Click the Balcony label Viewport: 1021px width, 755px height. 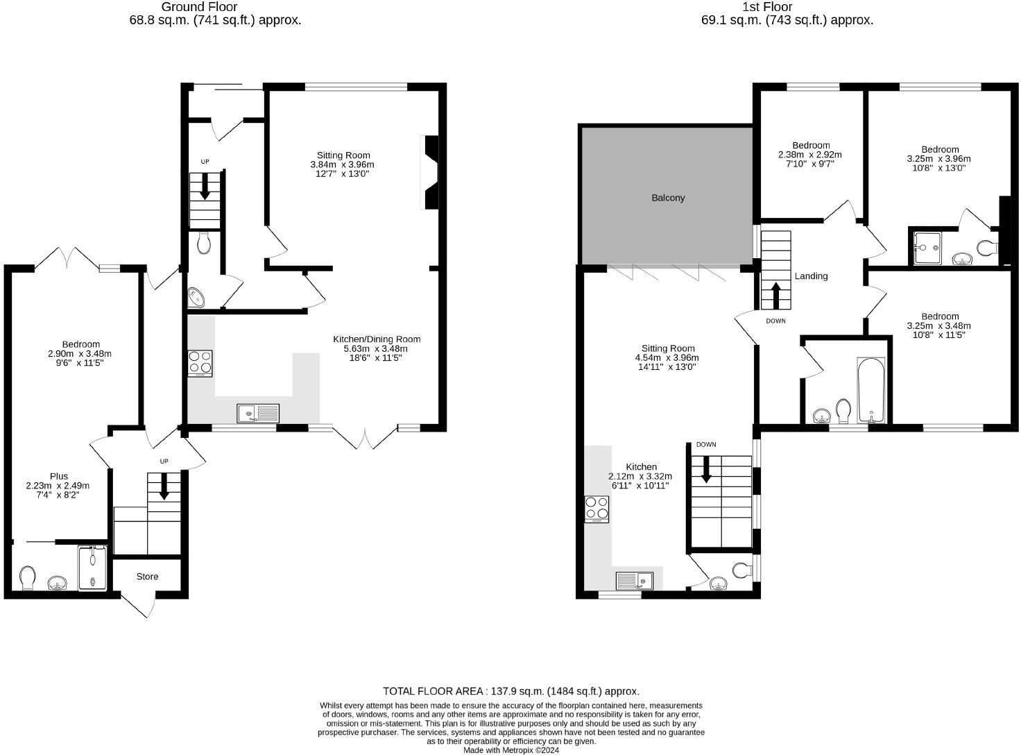pos(668,198)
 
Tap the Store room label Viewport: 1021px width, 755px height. pos(147,577)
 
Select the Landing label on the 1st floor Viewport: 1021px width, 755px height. pos(811,276)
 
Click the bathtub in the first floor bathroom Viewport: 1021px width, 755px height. pos(871,390)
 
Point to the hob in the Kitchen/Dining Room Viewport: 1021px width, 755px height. pos(200,364)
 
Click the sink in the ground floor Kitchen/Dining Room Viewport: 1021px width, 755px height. pos(258,414)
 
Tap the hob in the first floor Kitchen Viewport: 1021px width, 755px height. pos(597,509)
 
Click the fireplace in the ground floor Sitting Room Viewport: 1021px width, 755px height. pos(431,172)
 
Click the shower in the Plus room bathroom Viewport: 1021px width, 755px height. pos(92,568)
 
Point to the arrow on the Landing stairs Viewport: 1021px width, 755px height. pos(775,296)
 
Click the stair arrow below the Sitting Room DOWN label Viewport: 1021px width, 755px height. pos(706,469)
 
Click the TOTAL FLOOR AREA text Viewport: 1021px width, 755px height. pos(510,691)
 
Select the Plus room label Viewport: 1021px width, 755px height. pos(59,476)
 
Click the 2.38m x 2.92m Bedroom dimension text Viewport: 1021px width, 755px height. pos(809,155)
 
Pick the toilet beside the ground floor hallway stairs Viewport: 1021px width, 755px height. pos(204,242)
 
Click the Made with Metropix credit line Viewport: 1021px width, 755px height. pos(510,749)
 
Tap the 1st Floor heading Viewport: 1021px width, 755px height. pos(787,7)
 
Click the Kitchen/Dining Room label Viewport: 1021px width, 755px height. pos(377,339)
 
